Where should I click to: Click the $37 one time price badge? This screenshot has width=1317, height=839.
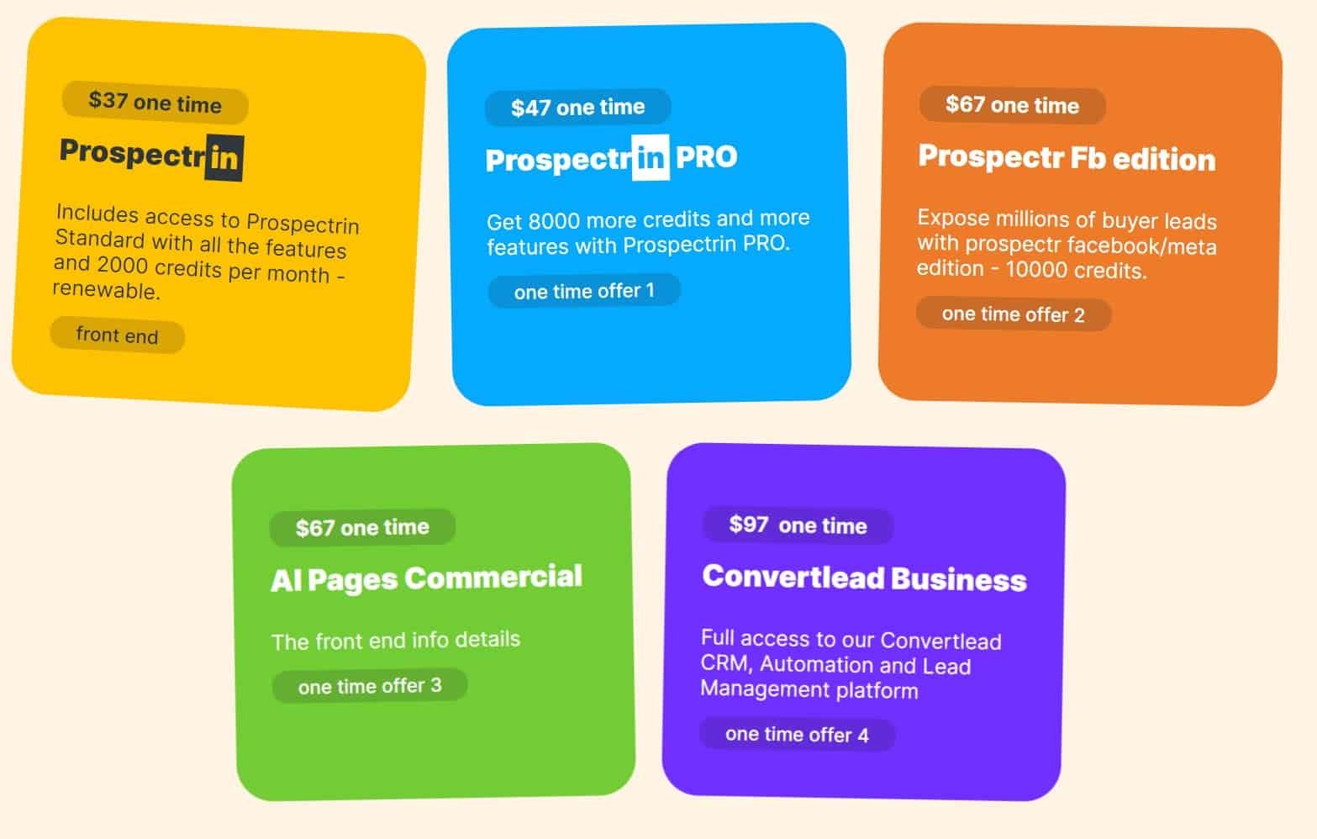155,103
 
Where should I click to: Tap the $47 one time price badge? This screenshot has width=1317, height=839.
577,107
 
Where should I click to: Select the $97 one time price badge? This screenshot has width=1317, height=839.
798,525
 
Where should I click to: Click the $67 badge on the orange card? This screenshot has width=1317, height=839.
1012,105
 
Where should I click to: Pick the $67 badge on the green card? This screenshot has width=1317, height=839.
362,527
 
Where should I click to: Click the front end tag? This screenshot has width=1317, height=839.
117,335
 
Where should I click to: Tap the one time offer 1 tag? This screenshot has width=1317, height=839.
584,290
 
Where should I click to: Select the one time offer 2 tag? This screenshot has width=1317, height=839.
1013,314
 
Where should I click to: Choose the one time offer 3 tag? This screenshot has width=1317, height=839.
369,685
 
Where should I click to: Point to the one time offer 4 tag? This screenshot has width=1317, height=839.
797,735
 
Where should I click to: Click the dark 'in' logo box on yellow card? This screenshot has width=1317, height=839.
224,157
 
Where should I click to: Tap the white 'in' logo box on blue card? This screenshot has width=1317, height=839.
651,157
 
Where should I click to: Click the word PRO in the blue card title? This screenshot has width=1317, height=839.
706,157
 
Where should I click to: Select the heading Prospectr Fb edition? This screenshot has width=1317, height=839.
1067,157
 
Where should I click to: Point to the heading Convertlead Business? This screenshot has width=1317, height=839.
864,578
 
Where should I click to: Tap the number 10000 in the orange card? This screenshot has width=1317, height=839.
1036,269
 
